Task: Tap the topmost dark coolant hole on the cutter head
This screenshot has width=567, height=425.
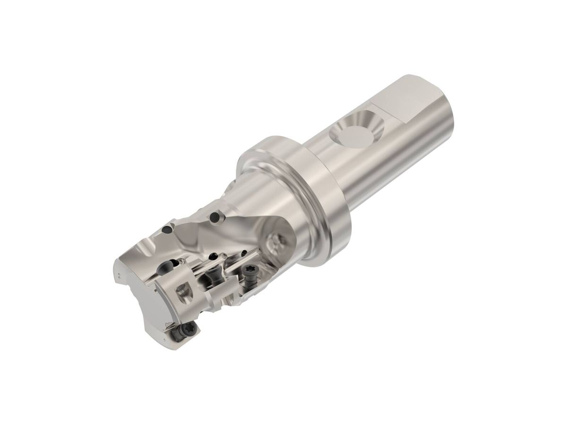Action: (x=216, y=218)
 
